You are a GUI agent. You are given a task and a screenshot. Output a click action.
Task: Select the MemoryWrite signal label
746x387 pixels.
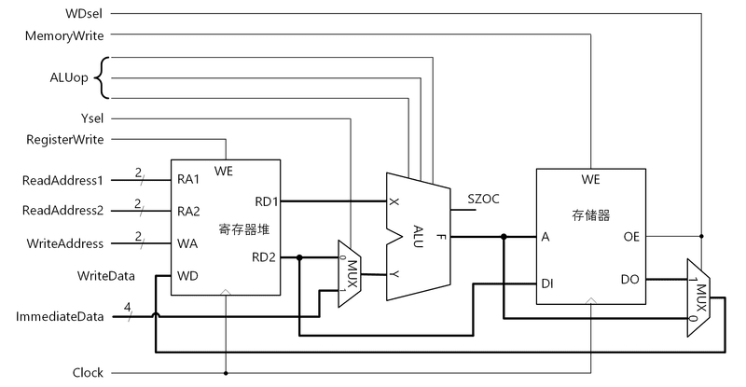(65, 35)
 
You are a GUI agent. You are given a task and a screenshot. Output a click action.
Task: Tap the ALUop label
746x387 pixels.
(70, 77)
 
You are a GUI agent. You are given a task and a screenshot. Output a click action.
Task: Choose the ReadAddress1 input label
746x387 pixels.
(62, 179)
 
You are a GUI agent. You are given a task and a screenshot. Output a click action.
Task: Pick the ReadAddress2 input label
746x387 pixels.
(62, 210)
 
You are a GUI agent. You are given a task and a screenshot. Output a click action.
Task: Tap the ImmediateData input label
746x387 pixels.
(60, 317)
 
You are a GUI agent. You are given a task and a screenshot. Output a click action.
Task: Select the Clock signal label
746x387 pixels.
(88, 373)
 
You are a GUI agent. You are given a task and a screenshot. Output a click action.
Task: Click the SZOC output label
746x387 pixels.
(483, 198)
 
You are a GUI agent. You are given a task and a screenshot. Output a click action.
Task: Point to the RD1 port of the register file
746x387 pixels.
(265, 200)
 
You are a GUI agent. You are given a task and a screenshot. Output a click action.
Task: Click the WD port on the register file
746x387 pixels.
(187, 276)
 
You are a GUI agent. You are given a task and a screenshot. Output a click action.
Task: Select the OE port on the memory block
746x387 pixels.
(631, 237)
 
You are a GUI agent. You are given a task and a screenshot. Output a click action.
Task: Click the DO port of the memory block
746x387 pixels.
(631, 278)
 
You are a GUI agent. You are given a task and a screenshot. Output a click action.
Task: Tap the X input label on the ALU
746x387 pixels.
(394, 201)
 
